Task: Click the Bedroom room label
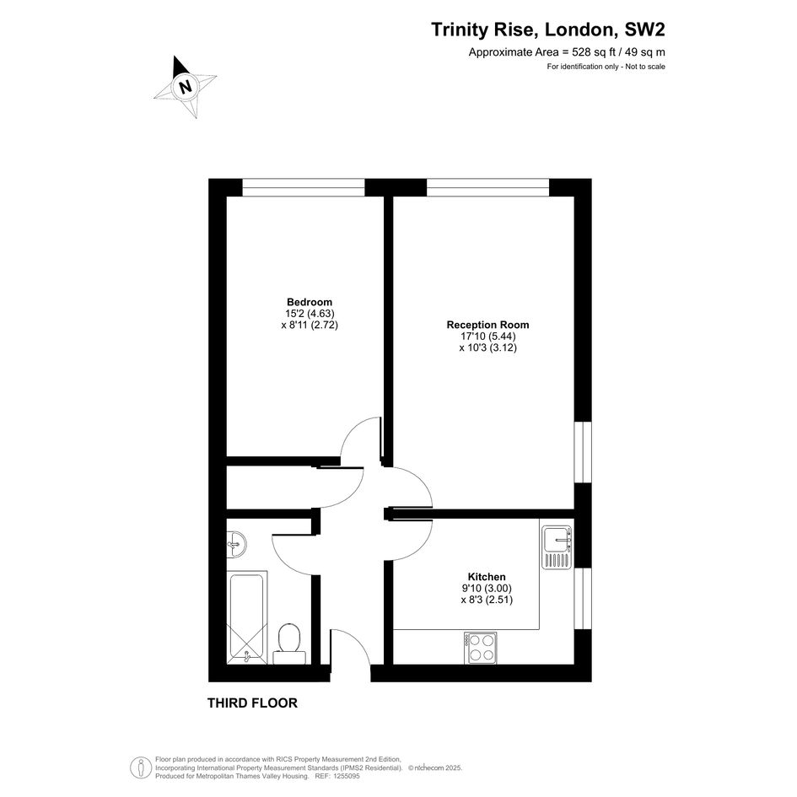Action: click(x=310, y=303)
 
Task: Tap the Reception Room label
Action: click(x=488, y=325)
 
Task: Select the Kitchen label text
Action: click(x=487, y=577)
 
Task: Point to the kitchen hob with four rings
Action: click(x=481, y=648)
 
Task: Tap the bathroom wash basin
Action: click(x=236, y=543)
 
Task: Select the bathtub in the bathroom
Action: click(x=246, y=617)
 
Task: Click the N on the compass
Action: click(x=186, y=86)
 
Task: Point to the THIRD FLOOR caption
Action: click(x=253, y=703)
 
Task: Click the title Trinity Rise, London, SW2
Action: click(x=548, y=30)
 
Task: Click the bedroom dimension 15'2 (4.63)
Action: click(x=310, y=314)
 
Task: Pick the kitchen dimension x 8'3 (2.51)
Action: click(x=487, y=600)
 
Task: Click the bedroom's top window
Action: click(x=304, y=187)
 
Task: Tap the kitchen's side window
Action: click(x=583, y=598)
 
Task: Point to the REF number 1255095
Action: click(x=345, y=777)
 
